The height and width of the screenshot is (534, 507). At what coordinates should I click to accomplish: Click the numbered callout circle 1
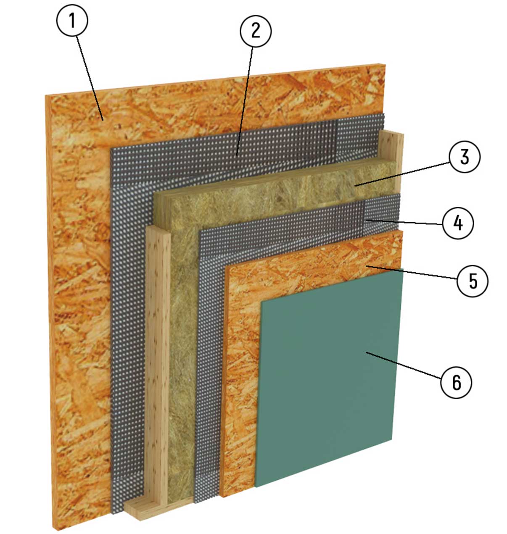72,21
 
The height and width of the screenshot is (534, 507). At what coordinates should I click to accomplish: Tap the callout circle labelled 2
256,31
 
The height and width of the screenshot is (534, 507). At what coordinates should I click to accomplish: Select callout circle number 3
465,157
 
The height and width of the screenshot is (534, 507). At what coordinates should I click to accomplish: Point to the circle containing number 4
458,223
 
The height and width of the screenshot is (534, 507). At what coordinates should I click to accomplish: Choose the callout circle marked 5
473,281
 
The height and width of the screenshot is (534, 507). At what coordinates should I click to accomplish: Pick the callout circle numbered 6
456,382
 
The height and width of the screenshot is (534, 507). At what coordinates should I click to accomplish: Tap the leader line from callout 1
90,78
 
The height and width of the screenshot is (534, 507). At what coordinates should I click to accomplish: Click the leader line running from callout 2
245,101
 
